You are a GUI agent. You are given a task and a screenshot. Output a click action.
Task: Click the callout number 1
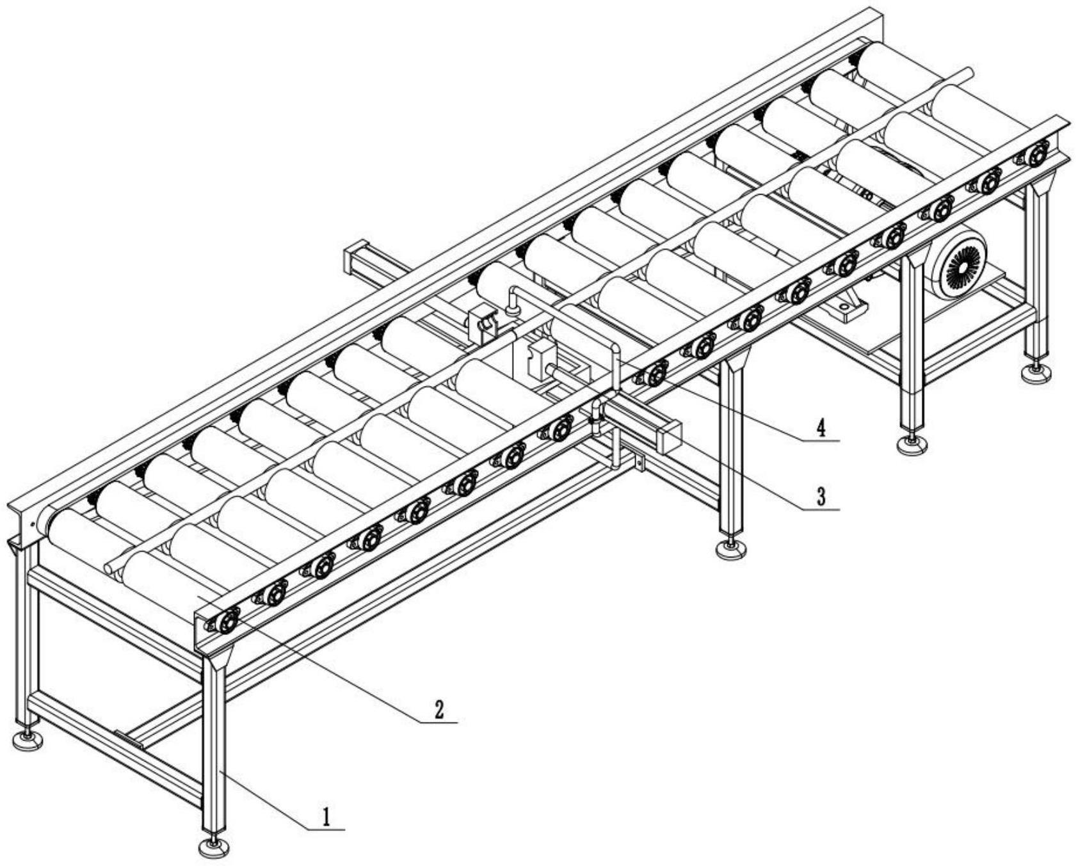pos(327,817)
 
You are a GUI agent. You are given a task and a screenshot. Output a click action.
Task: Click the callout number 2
pos(439,710)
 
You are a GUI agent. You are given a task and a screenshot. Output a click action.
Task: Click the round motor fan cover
pos(958,264)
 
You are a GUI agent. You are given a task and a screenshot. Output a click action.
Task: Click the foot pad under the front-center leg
pos(214,847)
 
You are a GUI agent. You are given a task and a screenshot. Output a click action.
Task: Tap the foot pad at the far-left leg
pos(28,740)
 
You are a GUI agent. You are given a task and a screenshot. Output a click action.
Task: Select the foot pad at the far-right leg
pos(1036,373)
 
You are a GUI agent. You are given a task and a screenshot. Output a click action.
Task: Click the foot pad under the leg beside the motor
pos(912,445)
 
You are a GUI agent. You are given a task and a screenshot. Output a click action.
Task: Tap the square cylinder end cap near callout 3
pos(668,437)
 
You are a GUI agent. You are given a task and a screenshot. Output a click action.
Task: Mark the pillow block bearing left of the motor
pos(845,307)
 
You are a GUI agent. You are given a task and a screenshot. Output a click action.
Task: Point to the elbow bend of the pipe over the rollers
pos(613,349)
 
